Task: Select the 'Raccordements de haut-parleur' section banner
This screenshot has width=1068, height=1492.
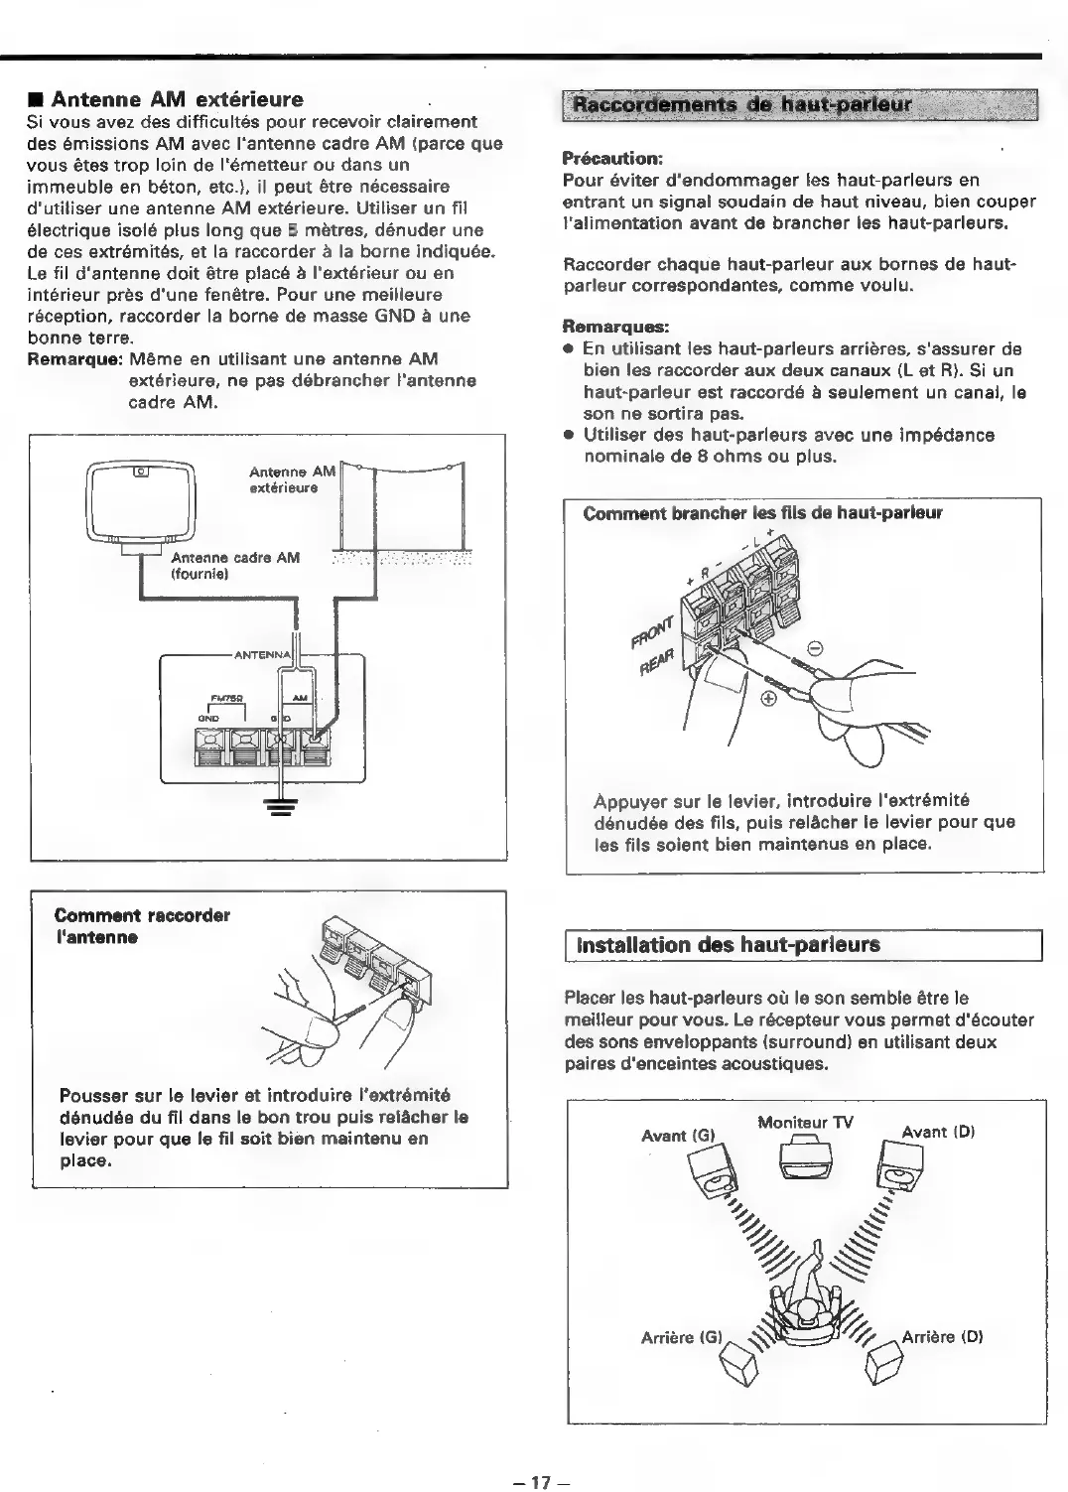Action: [x=799, y=104]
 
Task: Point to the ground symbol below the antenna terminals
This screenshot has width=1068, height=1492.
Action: [x=282, y=807]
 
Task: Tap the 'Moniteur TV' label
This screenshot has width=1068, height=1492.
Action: [x=805, y=1123]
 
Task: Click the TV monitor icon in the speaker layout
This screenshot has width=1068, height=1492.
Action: [x=805, y=1157]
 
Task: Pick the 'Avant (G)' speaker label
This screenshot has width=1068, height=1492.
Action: [x=678, y=1135]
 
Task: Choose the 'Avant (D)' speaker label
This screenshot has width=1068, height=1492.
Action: [x=938, y=1131]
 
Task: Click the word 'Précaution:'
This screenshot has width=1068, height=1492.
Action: [x=611, y=158]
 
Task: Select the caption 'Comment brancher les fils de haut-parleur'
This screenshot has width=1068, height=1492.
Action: [x=762, y=513]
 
